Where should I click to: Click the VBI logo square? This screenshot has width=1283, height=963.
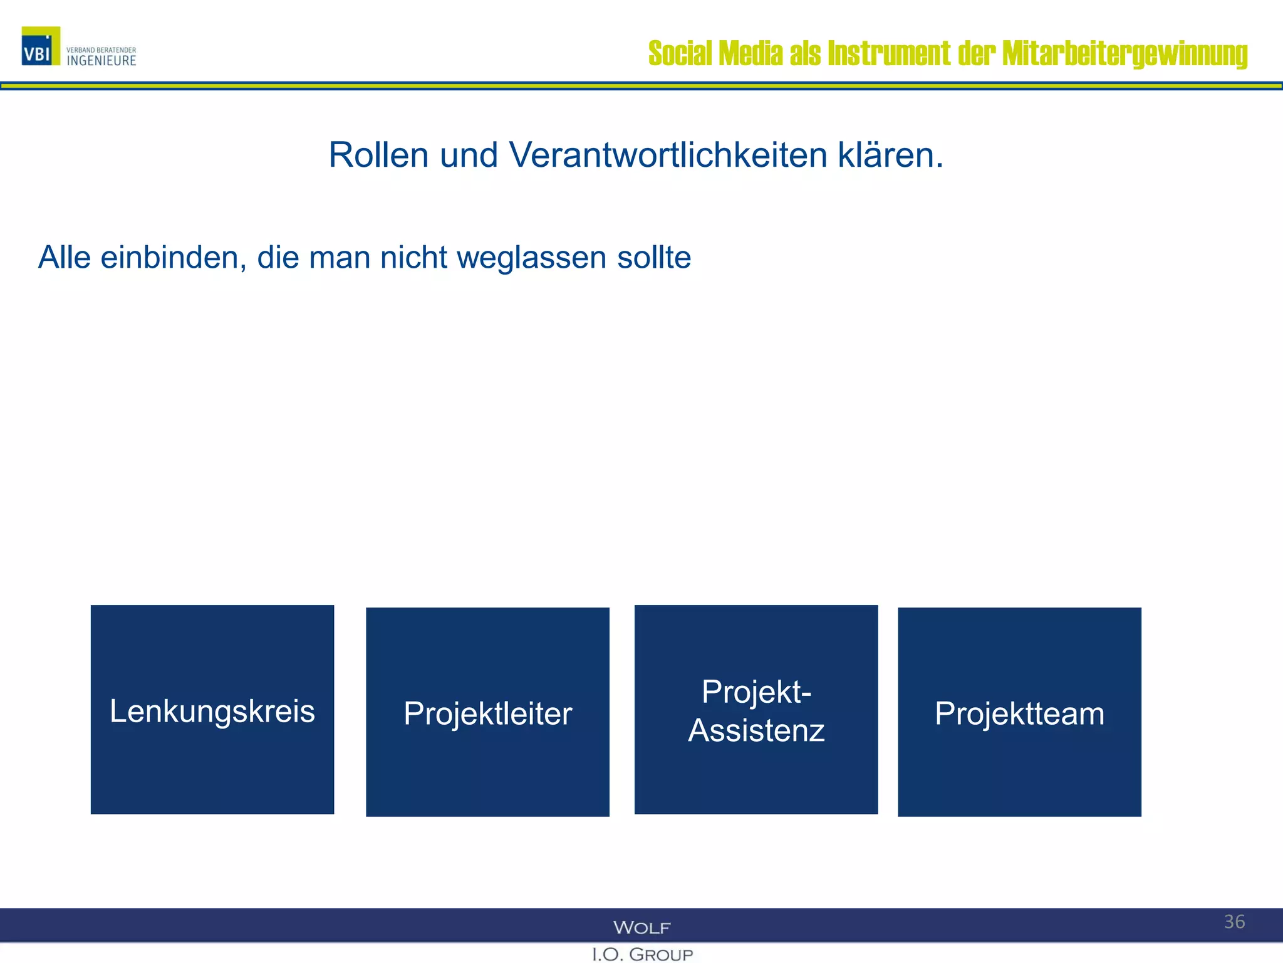[x=41, y=46]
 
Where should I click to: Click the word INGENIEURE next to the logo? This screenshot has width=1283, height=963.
[x=101, y=61]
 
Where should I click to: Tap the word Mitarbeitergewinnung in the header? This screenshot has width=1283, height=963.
[x=1125, y=53]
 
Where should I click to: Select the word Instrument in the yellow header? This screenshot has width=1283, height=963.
[x=889, y=53]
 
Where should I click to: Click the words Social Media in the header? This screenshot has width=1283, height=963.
[x=715, y=53]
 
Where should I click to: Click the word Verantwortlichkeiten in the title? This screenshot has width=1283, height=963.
[x=668, y=155]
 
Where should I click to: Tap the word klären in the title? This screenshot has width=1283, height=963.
[x=890, y=155]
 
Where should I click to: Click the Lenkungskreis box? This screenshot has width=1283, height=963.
[x=212, y=709]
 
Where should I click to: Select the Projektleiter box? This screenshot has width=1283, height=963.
[x=487, y=712]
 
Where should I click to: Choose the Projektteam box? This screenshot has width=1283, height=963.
[x=1019, y=712]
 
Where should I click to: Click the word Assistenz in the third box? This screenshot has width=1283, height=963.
[x=756, y=730]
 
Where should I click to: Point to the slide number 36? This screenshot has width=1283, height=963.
[x=1234, y=922]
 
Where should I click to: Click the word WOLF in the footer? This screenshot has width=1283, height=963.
[x=641, y=927]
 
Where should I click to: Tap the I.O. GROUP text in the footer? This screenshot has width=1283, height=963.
[x=642, y=954]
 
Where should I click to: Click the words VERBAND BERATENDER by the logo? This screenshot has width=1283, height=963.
[x=101, y=50]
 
